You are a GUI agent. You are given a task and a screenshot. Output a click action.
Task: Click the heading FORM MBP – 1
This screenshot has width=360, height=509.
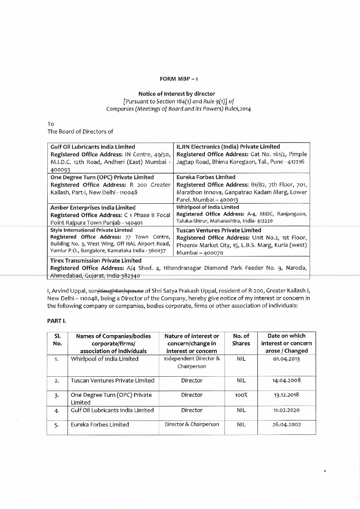(x=179, y=79)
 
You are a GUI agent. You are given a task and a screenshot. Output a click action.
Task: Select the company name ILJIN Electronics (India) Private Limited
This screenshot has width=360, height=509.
(x=228, y=147)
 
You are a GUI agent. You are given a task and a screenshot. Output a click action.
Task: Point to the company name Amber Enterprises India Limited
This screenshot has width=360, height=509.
(x=93, y=207)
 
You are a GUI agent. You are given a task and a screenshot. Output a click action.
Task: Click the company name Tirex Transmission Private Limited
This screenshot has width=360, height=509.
(x=96, y=261)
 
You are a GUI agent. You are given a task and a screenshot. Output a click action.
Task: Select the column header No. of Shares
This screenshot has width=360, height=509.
(x=241, y=340)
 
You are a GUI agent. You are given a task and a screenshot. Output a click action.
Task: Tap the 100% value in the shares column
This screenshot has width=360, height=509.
(x=241, y=395)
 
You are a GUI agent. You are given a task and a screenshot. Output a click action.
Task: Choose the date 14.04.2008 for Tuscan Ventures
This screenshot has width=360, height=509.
(x=287, y=381)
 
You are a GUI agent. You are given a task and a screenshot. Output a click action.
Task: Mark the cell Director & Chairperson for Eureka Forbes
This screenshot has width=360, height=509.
(x=192, y=424)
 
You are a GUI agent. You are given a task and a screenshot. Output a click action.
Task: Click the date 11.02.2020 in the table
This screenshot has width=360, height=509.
(x=287, y=410)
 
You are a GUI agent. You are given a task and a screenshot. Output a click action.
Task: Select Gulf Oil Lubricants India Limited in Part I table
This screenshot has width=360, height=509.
(x=112, y=410)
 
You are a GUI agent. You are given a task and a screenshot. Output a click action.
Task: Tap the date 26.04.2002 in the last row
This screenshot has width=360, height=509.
(x=287, y=425)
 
